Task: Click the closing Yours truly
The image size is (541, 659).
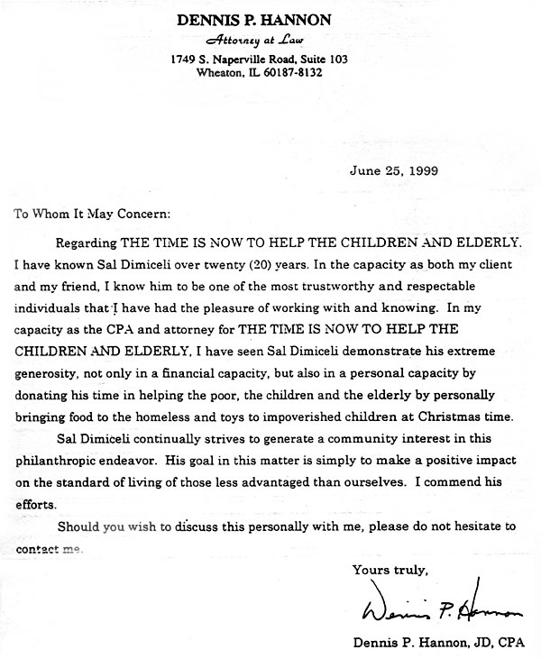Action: pos(389,570)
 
